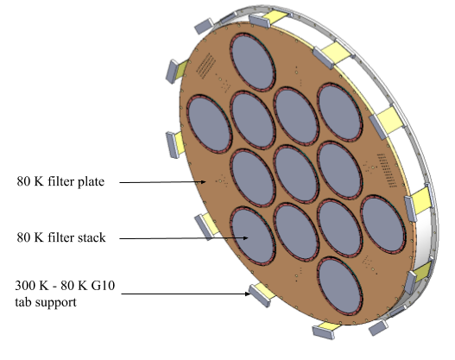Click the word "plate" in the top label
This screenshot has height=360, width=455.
pos(91,182)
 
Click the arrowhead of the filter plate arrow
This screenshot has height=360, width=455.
pos(204,182)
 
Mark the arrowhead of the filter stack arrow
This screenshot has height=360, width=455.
pos(245,238)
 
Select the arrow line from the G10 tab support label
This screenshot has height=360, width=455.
pos(186,294)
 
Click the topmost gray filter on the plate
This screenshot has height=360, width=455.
pos(253,62)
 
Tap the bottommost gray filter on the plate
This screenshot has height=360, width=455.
pos(340,286)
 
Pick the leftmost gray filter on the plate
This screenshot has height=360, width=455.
pos(209,123)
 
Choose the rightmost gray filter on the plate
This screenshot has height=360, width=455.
pos(383,224)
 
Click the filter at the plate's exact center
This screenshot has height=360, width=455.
pos(296,174)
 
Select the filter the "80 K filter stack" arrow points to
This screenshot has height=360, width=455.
pos(253,236)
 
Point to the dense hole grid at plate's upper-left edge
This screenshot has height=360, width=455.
pos(206,66)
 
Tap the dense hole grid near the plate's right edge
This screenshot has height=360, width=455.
pos(387,171)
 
